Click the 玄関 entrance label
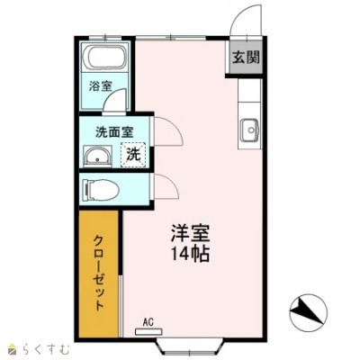click(x=247, y=57)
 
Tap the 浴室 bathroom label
click(x=100, y=86)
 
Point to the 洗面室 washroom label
click(x=114, y=132)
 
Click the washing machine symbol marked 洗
click(x=133, y=154)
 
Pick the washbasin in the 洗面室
click(x=97, y=156)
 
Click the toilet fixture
click(x=101, y=190)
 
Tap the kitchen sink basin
click(x=249, y=130)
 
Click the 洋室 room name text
click(x=190, y=232)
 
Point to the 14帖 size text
click(x=190, y=254)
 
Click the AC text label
click(x=148, y=322)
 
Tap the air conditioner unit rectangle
click(x=148, y=332)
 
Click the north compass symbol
click(x=309, y=311)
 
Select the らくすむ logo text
click(x=46, y=349)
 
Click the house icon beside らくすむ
click(x=13, y=349)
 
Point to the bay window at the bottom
click(x=190, y=348)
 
